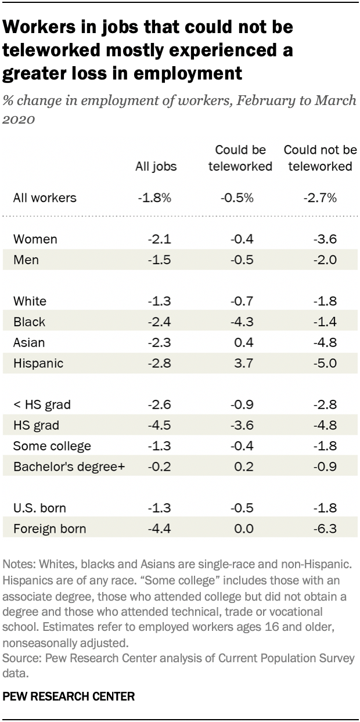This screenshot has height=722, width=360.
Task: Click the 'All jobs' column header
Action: (x=156, y=167)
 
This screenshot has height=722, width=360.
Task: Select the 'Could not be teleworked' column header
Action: (x=319, y=158)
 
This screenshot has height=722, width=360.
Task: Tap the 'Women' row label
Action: (x=35, y=239)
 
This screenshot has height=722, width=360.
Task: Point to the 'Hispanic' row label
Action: (x=38, y=363)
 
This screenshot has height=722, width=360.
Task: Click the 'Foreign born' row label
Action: (x=49, y=529)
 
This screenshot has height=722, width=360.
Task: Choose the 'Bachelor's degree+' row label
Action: (x=69, y=467)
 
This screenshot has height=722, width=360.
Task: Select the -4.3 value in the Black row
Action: (x=240, y=322)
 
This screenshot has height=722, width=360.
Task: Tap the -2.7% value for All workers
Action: (x=319, y=198)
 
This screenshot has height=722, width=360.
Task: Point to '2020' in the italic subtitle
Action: (x=19, y=120)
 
